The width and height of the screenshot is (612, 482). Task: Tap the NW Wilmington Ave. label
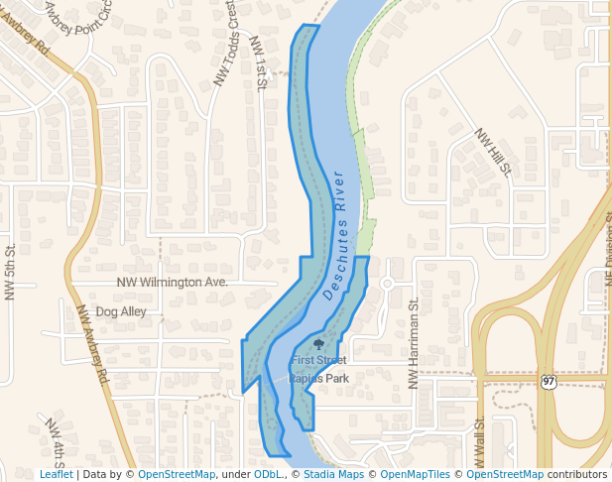[x=173, y=282]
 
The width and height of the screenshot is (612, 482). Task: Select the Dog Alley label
[x=121, y=311]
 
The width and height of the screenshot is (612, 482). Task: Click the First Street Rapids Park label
[x=318, y=369]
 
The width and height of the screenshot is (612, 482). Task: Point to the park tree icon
[x=318, y=344]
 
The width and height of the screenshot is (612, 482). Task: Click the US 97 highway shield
[x=549, y=381]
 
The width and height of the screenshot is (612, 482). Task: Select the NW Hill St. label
[x=492, y=152]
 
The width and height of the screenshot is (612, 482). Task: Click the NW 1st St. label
[x=259, y=63]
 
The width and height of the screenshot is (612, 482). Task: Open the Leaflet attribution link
[x=56, y=474]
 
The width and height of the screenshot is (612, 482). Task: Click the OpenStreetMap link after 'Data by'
[x=177, y=474]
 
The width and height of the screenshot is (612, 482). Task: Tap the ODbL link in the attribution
[x=270, y=474]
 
